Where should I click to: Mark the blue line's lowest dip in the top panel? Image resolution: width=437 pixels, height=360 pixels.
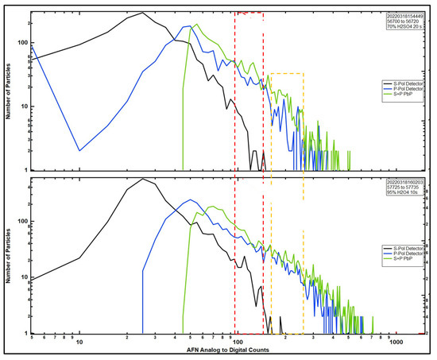[x=79, y=150]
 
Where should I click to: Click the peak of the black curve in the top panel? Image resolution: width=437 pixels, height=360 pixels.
[x=142, y=13]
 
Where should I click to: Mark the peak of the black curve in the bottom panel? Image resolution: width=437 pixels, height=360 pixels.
[x=142, y=179]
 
